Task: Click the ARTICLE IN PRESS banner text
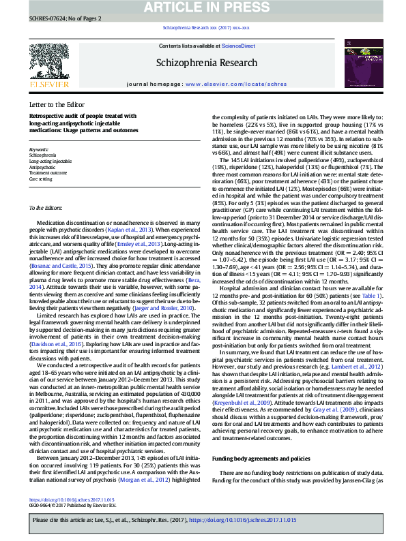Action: point(203,7)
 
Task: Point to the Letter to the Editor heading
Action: point(57,104)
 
